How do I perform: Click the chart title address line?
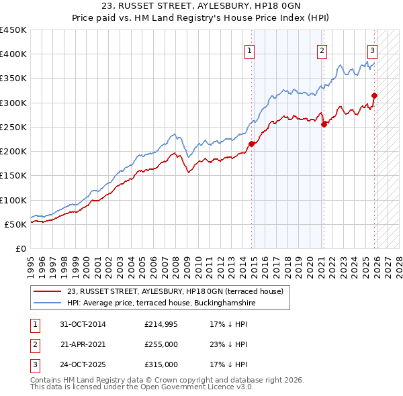coord(201,7)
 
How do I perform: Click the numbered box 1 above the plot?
coord(249,50)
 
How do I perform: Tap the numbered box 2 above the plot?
coord(322,50)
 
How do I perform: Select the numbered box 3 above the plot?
coord(372,50)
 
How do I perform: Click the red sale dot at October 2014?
coord(252,144)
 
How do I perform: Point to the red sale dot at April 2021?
coord(324,124)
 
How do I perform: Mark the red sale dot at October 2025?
coord(374,95)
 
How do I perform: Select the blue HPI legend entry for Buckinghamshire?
coord(161,303)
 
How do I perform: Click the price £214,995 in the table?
coord(161,324)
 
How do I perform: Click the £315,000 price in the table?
coord(161,364)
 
